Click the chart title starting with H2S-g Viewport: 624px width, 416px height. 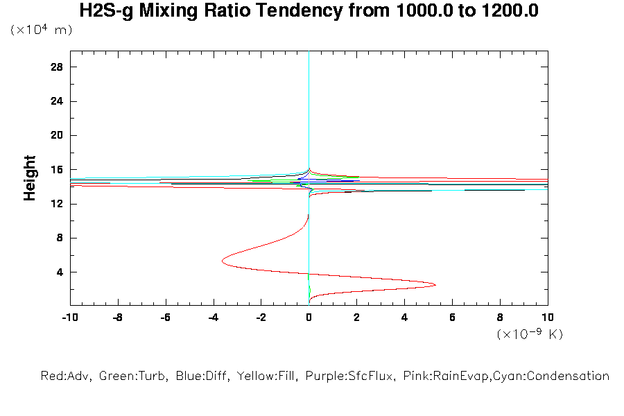[x=309, y=11]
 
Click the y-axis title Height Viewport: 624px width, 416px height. [x=30, y=178]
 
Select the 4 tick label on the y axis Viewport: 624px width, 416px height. [x=60, y=272]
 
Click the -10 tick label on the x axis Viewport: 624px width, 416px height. [x=69, y=318]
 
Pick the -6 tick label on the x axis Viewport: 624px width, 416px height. [x=165, y=318]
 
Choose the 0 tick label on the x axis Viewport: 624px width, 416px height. [x=309, y=318]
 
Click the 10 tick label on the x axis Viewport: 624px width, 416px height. [x=548, y=318]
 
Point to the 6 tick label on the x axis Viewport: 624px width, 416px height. [x=452, y=318]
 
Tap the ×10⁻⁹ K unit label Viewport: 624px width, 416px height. [x=530, y=334]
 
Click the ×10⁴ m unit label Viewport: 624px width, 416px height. [x=41, y=31]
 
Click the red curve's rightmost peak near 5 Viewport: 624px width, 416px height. [x=435, y=284]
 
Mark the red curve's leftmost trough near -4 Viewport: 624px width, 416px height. [x=223, y=261]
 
